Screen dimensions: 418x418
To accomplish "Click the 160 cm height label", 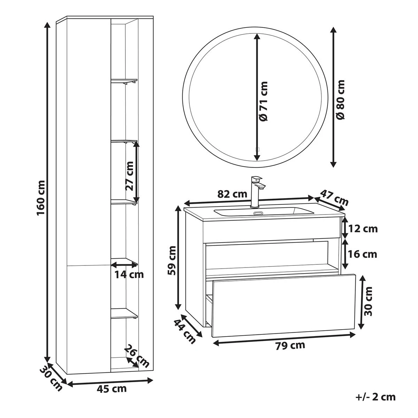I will pos(40,198).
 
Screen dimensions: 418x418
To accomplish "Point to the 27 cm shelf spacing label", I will pos(129,176).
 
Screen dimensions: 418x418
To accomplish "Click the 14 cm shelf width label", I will pos(129,274).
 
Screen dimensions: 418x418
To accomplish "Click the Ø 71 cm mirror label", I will pos(264,101).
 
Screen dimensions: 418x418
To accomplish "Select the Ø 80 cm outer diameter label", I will pos(340,99).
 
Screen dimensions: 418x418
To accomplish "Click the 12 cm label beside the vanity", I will pos(363,229).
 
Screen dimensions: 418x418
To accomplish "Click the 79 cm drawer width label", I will pos(290,346).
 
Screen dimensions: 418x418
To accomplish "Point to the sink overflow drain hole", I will pos(258,214).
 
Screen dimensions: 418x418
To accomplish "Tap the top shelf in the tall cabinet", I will pos(124,81).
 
